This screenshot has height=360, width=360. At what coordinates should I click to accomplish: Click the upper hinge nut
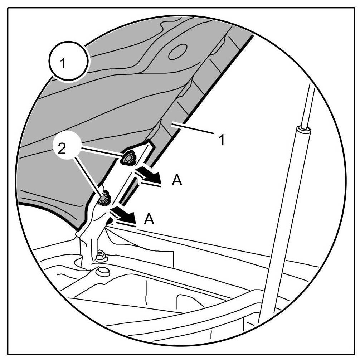click(x=127, y=159)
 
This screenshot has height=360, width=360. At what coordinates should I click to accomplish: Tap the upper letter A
click(x=177, y=181)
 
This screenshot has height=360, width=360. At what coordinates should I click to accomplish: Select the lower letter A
click(x=149, y=219)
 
